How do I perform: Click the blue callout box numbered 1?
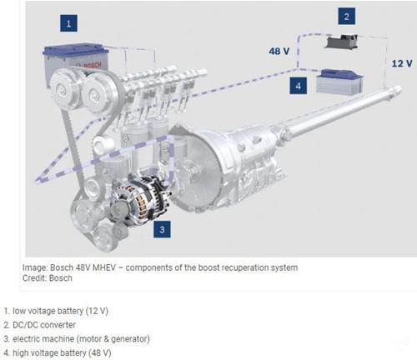[68, 23]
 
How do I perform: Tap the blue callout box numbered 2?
[346, 16]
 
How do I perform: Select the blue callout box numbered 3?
[162, 229]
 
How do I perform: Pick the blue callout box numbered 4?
[298, 86]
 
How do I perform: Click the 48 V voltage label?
[279, 51]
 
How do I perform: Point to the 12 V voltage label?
[402, 63]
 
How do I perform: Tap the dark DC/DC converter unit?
[342, 42]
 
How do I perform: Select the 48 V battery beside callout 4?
[339, 82]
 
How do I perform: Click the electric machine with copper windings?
[139, 200]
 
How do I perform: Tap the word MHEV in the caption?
[103, 267]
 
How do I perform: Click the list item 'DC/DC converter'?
[44, 325]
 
